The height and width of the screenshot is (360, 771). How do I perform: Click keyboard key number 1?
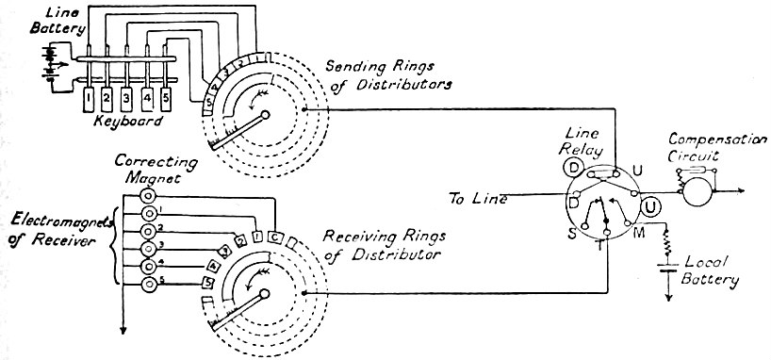pos(87,96)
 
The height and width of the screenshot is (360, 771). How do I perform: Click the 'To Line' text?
pos(477,199)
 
